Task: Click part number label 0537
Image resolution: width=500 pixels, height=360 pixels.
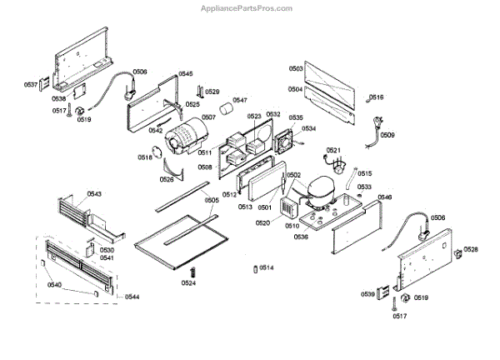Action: pyautogui.click(x=31, y=84)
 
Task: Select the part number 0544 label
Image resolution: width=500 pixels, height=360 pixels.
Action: pyautogui.click(x=132, y=297)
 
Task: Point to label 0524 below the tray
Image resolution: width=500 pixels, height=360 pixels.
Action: pyautogui.click(x=189, y=282)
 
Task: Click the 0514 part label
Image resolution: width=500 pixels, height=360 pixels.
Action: pyautogui.click(x=267, y=267)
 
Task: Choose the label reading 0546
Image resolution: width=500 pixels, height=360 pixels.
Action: pyautogui.click(x=384, y=197)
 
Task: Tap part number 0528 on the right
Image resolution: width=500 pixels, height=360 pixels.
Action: pyautogui.click(x=471, y=249)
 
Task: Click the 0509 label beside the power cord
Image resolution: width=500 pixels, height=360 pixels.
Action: pyautogui.click(x=388, y=135)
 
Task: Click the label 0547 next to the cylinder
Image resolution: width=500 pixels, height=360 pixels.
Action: pyautogui.click(x=240, y=100)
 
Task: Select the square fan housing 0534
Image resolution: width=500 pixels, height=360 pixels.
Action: pyautogui.click(x=286, y=143)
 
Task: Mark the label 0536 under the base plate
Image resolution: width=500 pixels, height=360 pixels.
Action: pyautogui.click(x=301, y=237)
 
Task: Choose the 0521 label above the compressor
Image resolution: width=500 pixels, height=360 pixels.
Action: pyautogui.click(x=333, y=150)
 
